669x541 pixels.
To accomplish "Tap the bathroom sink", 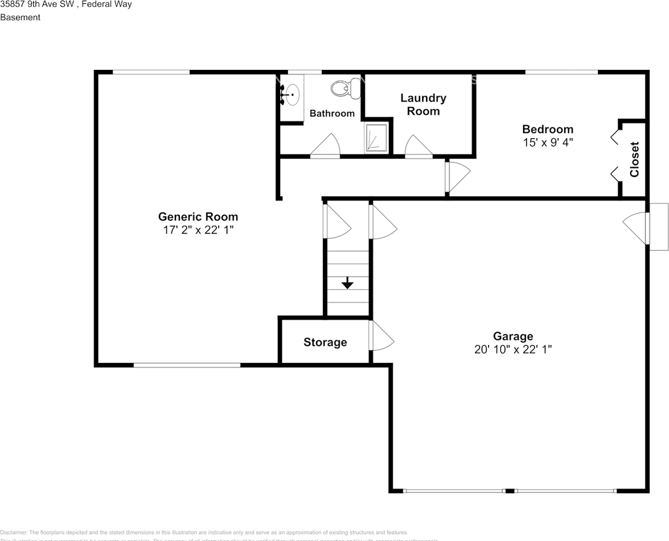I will point(291,94).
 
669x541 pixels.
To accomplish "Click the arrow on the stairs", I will point(347,283).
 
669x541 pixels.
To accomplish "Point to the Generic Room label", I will point(198,216).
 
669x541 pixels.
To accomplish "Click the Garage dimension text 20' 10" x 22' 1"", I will point(513,349).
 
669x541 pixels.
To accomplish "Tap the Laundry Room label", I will point(423,104).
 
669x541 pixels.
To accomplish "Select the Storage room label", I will point(325,342).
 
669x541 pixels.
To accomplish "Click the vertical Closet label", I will point(635,159).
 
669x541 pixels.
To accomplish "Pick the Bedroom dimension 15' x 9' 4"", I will point(547,143).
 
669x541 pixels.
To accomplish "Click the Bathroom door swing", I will point(326,145).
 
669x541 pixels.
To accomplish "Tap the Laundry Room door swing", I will point(418,146).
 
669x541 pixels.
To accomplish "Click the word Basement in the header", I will point(20,17).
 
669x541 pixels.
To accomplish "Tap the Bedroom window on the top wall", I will point(561,72).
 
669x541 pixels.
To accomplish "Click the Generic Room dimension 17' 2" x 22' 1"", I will point(198,230).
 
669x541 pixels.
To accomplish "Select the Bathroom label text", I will point(332,113).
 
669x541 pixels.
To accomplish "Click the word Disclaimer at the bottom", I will point(13,532).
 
